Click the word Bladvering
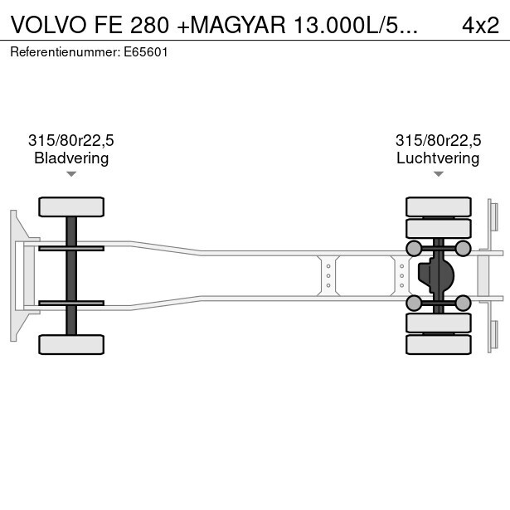point(71,158)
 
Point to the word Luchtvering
point(438,158)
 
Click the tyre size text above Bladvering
point(71,141)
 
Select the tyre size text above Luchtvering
point(438,141)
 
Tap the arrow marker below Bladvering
point(71,174)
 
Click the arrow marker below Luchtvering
point(438,174)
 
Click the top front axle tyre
point(71,206)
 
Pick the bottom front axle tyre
point(71,344)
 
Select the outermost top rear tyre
point(438,206)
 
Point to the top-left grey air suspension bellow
point(413,248)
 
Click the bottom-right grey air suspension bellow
point(463,304)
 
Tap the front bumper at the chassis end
point(14,275)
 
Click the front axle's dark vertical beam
point(71,275)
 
